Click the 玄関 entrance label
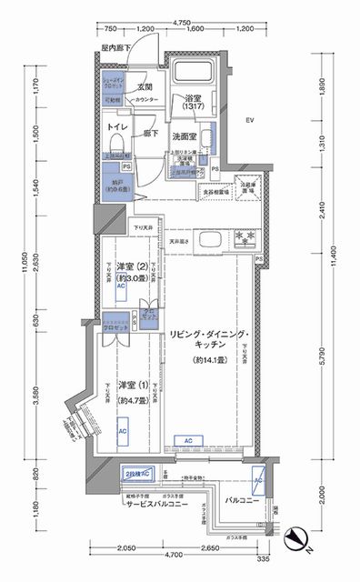pyautogui.click(x=144, y=86)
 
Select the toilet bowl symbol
pyautogui.click(x=114, y=145)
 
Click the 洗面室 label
pyautogui.click(x=187, y=137)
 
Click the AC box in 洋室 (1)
pyautogui.click(x=122, y=432)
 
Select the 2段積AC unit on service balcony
pyautogui.click(x=139, y=472)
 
